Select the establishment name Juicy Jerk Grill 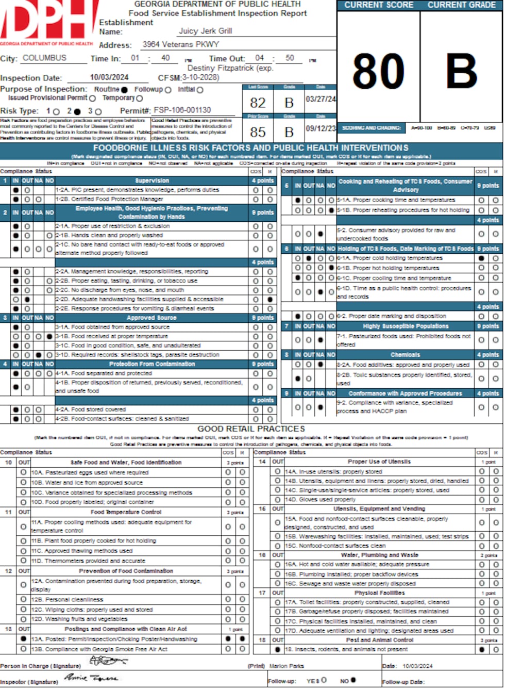205,31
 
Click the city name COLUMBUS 44,58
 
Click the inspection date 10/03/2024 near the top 109,77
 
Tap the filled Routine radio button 124,90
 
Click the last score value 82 258,103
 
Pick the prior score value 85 258,132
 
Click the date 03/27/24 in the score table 321,99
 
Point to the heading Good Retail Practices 251,429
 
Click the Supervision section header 152,180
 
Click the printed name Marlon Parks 287,666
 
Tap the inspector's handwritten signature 91,678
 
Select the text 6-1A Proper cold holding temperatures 390,258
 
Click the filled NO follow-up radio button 353,680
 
